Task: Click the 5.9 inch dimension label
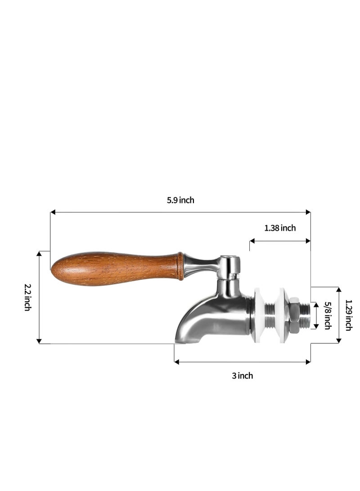pos(180,200)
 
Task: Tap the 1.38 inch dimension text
pos(280,228)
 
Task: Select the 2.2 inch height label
pos(27,297)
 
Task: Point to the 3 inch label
pos(242,375)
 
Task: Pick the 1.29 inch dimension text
pos(348,315)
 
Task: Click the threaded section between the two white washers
pos(271,311)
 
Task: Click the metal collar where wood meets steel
pos(180,266)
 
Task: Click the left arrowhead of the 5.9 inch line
pos(53,212)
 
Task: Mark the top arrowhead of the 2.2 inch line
pos(40,254)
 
